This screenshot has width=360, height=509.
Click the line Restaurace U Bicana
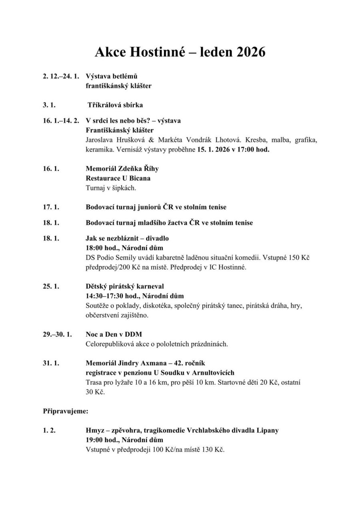[118, 178]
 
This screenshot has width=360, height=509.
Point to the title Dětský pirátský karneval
[125, 286]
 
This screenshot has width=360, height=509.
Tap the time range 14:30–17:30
[106, 296]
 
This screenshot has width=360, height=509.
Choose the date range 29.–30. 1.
[57, 334]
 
